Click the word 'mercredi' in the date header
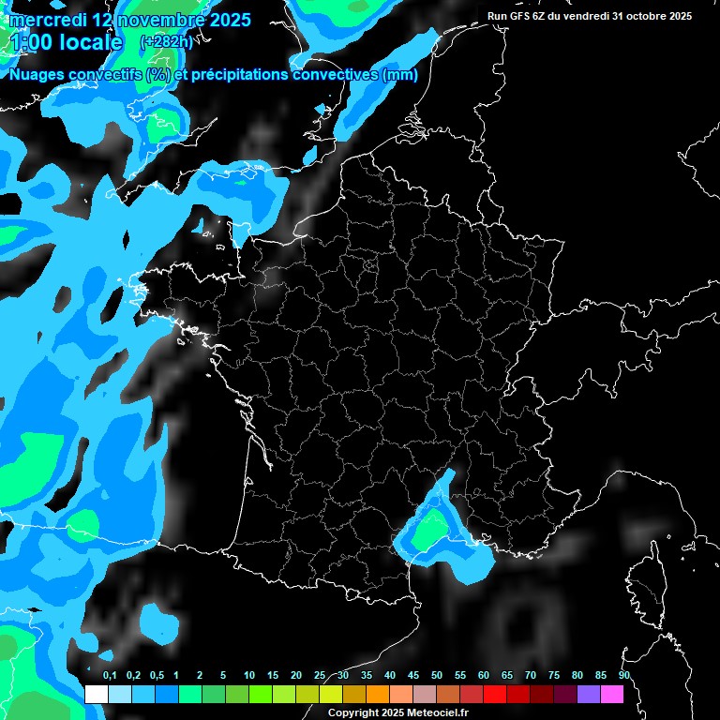[x=48, y=20]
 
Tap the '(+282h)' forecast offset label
[x=166, y=41]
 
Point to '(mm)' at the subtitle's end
[x=400, y=75]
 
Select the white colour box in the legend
[x=96, y=694]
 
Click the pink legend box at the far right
[x=612, y=694]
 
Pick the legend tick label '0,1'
[x=110, y=676]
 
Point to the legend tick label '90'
[x=624, y=676]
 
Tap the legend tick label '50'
[x=437, y=676]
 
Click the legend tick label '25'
[x=320, y=676]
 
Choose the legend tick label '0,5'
[x=157, y=676]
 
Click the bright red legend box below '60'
[x=495, y=694]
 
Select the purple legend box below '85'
[x=589, y=694]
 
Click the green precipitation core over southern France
[x=432, y=530]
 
